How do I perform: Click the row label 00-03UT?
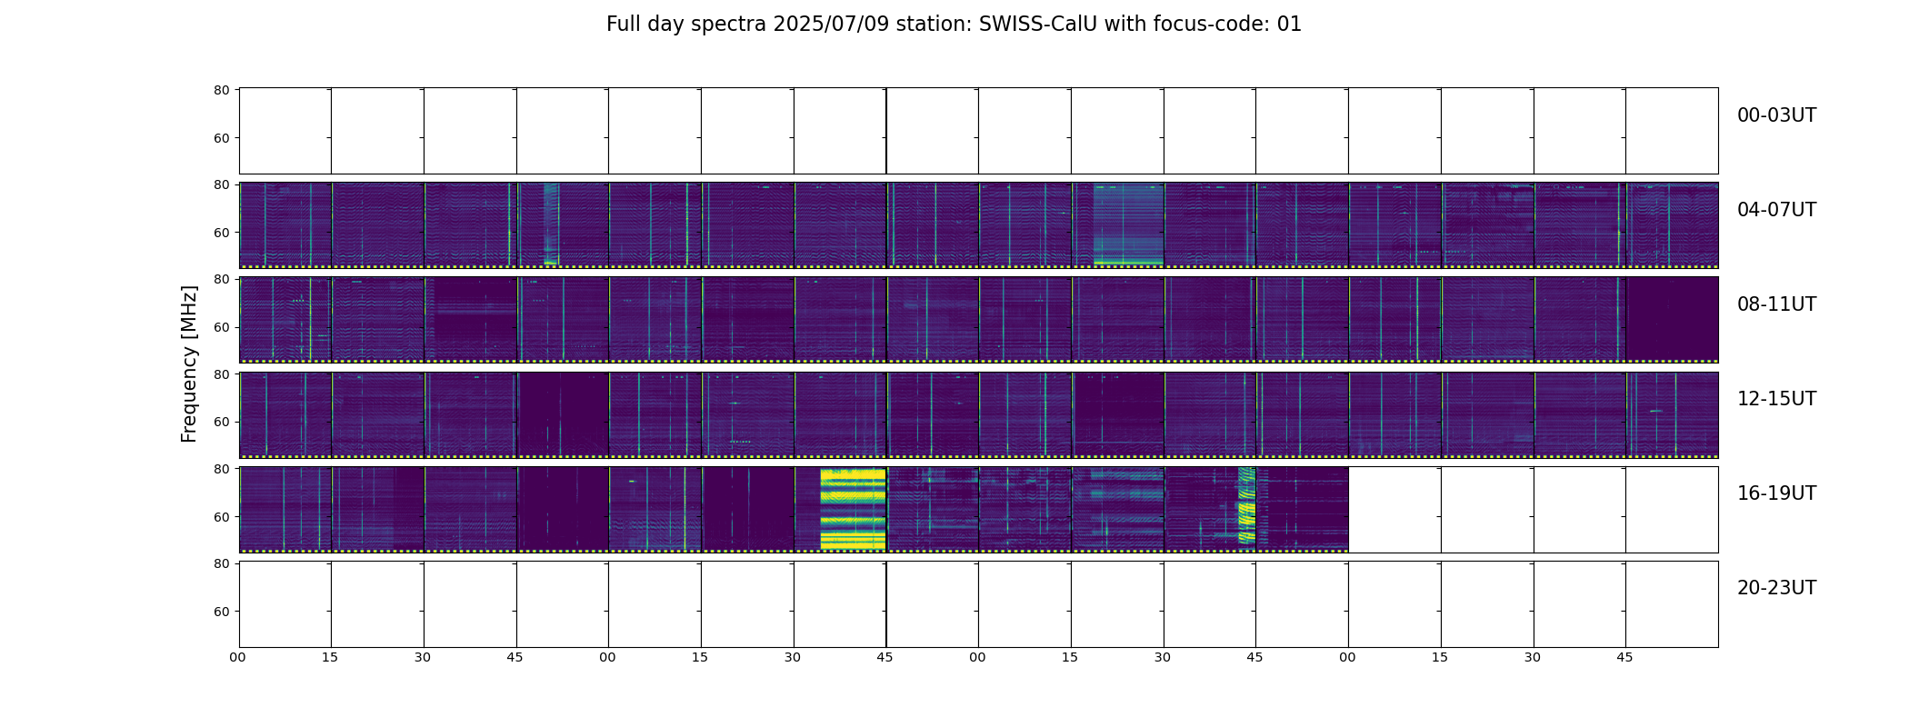click(1776, 115)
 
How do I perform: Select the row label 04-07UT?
click(1776, 210)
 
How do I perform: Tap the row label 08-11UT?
click(1776, 304)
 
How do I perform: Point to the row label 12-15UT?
click(1776, 399)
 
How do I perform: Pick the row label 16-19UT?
click(1776, 493)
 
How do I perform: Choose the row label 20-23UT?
click(1776, 588)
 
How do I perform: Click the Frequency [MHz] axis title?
click(189, 363)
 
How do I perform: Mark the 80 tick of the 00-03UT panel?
click(221, 90)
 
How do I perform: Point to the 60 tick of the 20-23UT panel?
click(221, 612)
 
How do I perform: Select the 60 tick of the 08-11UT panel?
click(221, 327)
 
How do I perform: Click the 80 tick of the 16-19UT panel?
click(221, 469)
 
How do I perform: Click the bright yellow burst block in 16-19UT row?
click(853, 509)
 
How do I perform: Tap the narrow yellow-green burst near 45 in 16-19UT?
click(1246, 505)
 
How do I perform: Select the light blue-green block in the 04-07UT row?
click(1128, 224)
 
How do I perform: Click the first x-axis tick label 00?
click(238, 657)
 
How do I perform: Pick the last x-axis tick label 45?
click(1624, 657)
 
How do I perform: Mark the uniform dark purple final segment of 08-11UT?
click(1672, 318)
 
